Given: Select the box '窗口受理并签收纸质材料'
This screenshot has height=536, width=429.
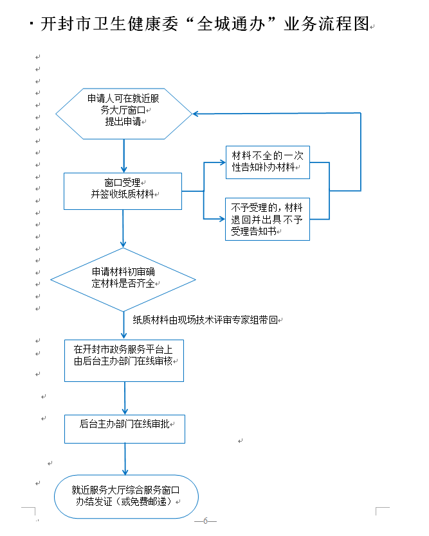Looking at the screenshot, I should (123, 191).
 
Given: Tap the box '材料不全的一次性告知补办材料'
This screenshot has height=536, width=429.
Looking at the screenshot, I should (267, 162).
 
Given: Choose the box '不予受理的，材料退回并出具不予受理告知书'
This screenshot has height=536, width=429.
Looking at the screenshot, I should (267, 219).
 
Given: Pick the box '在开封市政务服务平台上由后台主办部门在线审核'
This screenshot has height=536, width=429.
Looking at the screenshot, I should (123, 361).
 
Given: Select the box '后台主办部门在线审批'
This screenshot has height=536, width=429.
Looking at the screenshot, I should (124, 429).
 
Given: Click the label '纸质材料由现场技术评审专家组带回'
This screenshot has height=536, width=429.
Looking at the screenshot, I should (205, 319).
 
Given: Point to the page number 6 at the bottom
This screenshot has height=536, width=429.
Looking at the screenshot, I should (205, 521).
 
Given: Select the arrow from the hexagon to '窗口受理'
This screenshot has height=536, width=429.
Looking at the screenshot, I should (123, 155).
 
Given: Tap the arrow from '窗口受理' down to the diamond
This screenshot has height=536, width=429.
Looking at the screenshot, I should (123, 229).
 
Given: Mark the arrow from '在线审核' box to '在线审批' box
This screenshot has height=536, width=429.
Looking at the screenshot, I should (124, 398).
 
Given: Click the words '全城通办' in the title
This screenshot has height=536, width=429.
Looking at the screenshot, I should (229, 25).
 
